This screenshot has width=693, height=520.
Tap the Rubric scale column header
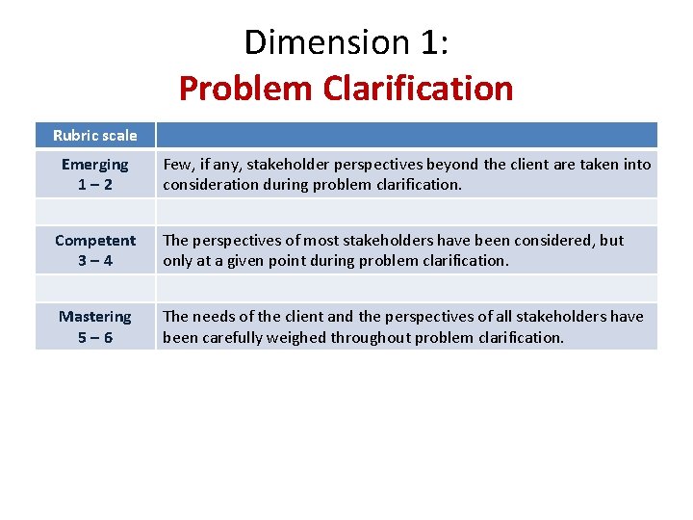(x=95, y=135)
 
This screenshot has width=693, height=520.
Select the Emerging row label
(x=94, y=165)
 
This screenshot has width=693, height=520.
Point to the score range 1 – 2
(x=94, y=184)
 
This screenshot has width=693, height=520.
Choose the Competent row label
(x=95, y=241)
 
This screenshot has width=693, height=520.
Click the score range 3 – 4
(x=94, y=260)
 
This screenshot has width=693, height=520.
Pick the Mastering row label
(x=95, y=317)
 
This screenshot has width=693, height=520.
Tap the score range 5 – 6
(x=94, y=337)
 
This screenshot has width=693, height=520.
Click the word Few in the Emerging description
(x=177, y=165)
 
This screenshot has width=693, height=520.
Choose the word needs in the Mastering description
(x=218, y=317)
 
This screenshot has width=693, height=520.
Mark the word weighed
(x=297, y=337)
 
